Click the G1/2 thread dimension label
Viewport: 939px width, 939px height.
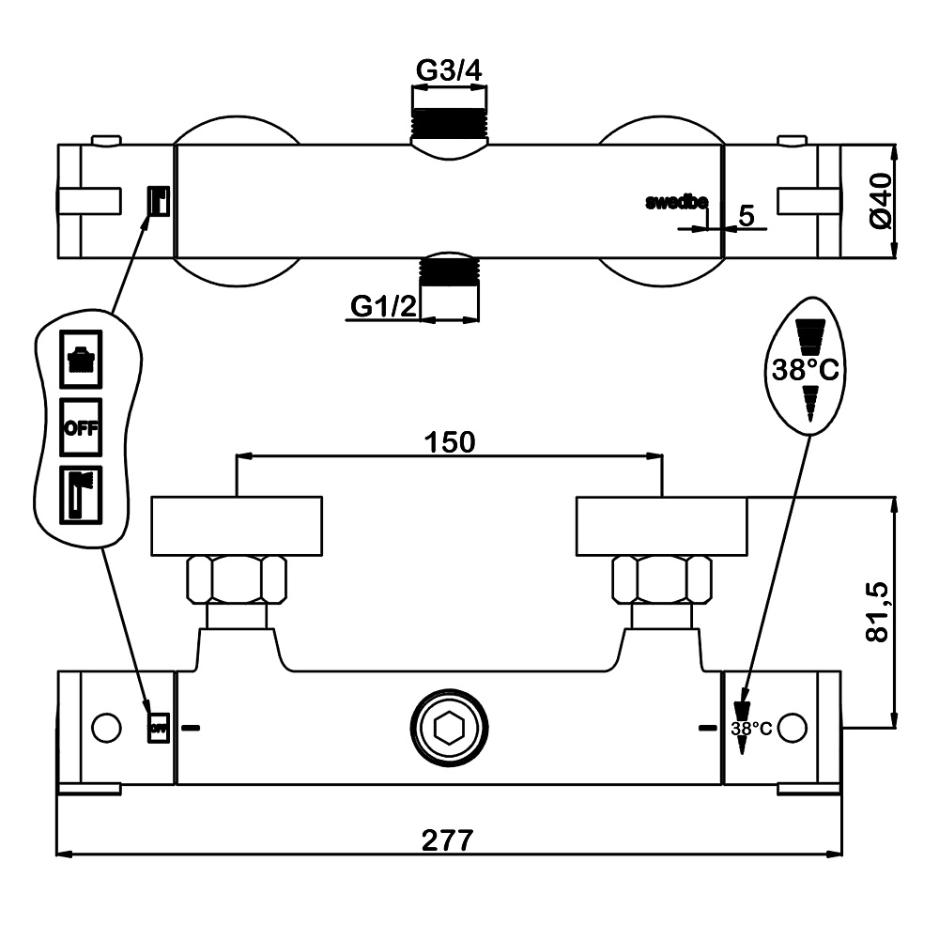(383, 306)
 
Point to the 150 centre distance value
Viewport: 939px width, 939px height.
(448, 441)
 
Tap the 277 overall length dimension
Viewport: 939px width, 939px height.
(448, 839)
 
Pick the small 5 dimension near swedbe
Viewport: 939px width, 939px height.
(747, 215)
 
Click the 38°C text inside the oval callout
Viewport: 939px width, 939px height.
(805, 370)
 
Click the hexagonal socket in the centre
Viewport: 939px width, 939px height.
(448, 727)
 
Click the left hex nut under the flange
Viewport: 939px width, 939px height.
(238, 579)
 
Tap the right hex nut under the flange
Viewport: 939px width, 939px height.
(662, 579)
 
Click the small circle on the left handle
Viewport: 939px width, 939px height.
(106, 728)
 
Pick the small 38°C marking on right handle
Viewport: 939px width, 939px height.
(751, 729)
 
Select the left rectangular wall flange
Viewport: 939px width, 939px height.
(237, 525)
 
